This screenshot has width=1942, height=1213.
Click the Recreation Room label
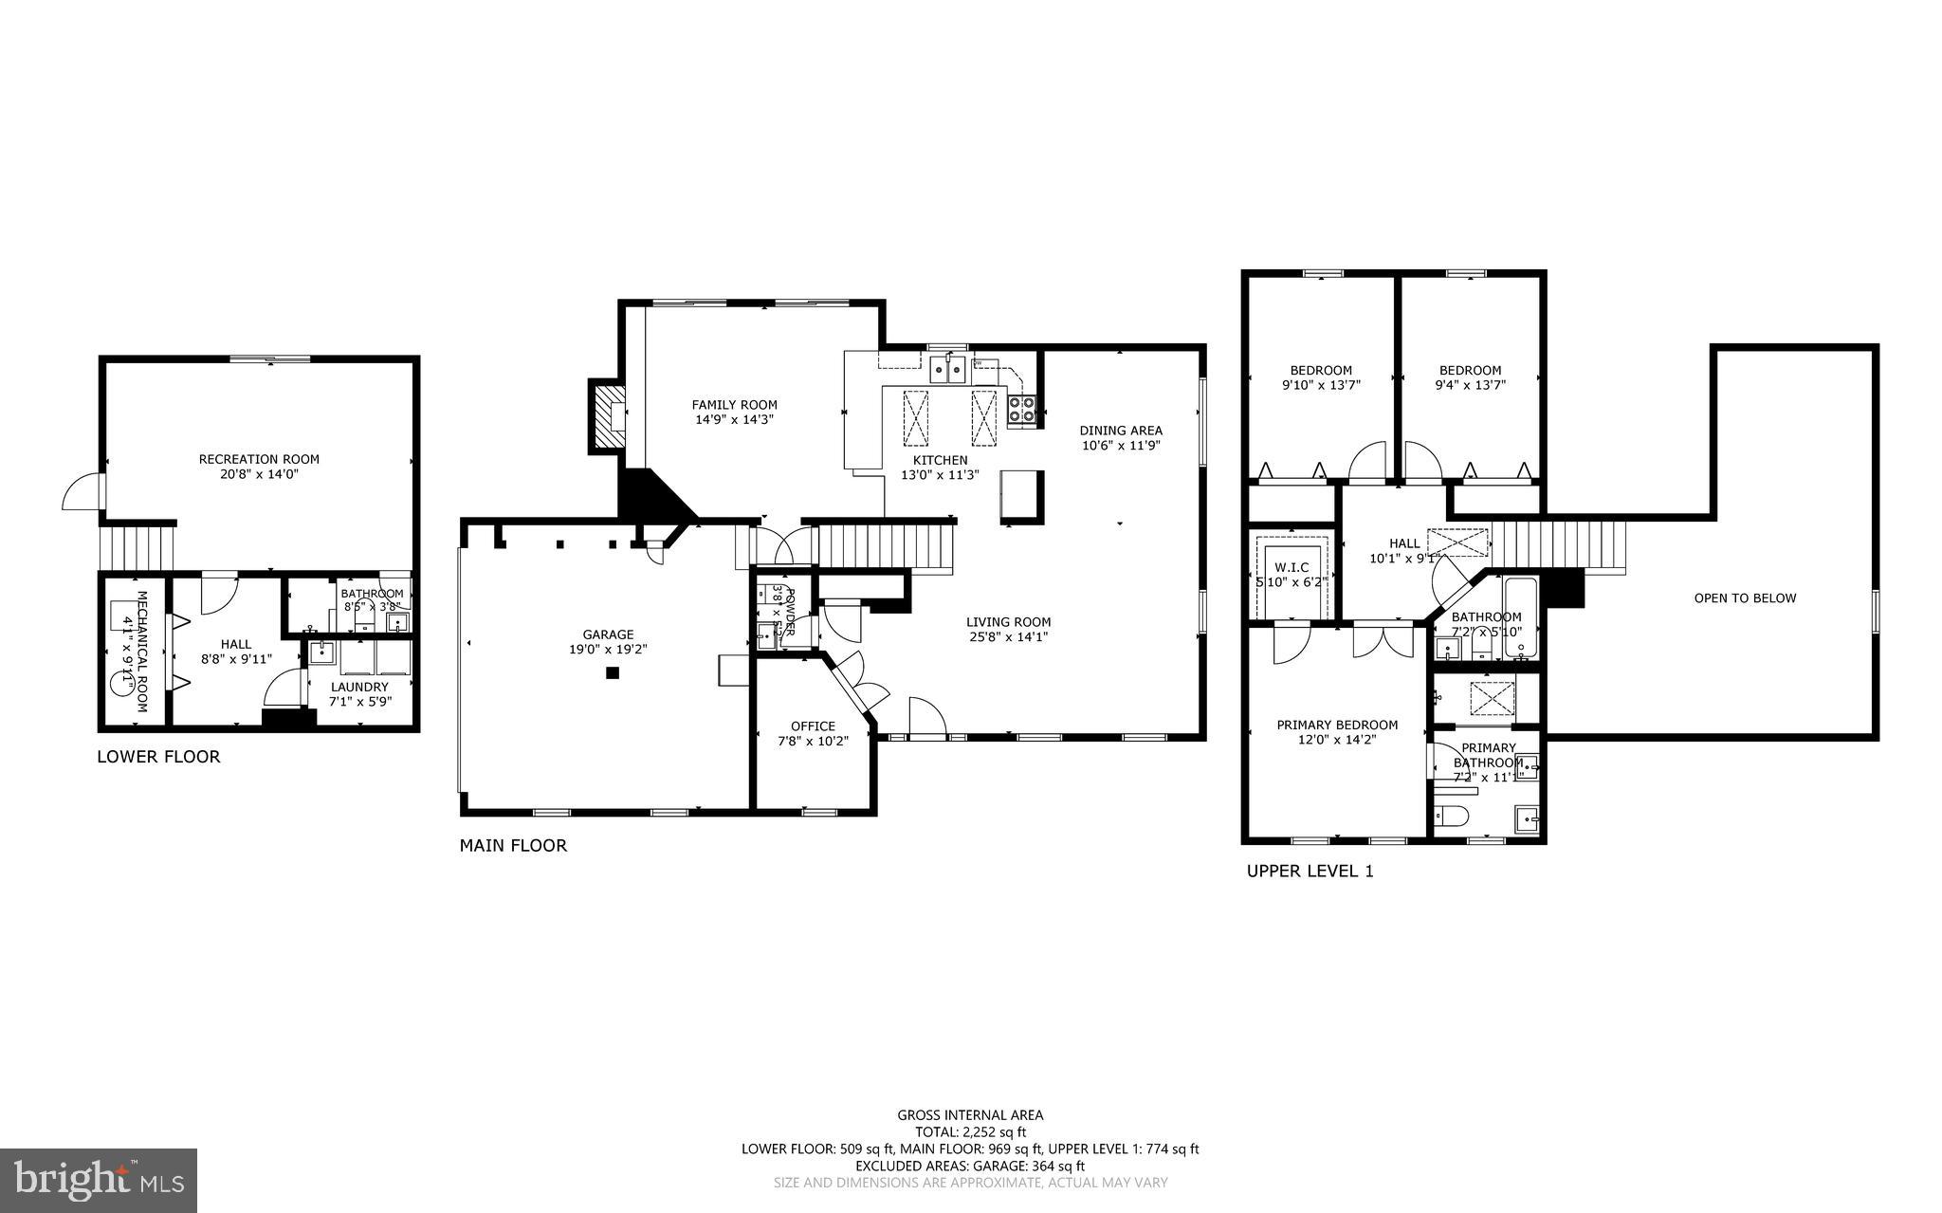(259, 459)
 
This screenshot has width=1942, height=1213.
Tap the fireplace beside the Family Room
(608, 415)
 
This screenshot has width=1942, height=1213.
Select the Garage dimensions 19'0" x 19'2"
(608, 650)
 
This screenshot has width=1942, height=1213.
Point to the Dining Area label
(1120, 431)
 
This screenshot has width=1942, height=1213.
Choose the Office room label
(813, 726)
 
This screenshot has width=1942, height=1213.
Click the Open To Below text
(1745, 598)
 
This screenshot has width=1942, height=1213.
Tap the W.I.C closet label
(1292, 567)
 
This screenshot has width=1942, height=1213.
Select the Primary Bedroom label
(1337, 726)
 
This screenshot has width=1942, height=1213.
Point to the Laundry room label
(359, 687)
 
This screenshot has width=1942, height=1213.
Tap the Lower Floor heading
(158, 757)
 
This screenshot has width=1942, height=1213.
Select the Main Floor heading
(513, 845)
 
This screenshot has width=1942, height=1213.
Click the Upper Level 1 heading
(1310, 871)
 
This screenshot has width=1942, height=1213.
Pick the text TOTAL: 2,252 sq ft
(970, 1131)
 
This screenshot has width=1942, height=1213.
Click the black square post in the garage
(613, 673)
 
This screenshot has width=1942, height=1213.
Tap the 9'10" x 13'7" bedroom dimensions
(1321, 385)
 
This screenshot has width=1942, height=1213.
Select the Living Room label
(1008, 622)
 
